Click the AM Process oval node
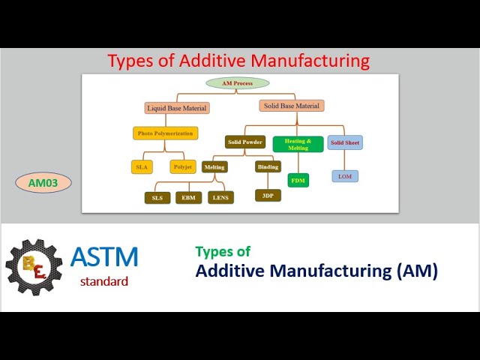237,83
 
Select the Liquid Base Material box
176,108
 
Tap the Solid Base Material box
292,106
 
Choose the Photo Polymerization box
166,133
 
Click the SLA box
142,166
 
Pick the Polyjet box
183,166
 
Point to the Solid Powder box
244,142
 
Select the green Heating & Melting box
298,144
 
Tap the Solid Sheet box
344,142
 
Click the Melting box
214,166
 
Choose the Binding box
268,166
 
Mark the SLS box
157,198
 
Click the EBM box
188,198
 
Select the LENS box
220,198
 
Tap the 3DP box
268,195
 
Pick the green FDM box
298,180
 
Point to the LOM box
345,176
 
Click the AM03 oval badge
43,182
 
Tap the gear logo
34,266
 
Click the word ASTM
104,257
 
